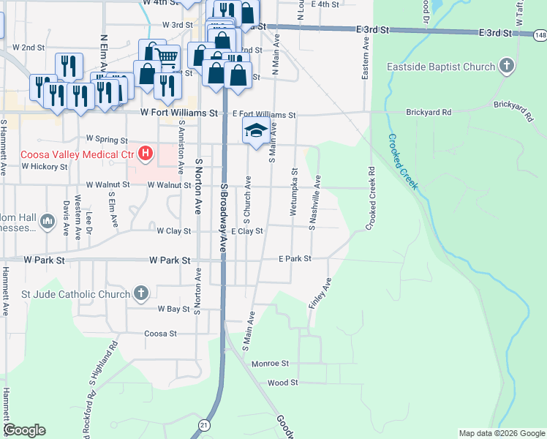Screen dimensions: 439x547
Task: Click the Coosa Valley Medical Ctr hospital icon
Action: [146, 154]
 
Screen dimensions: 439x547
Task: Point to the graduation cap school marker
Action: [255, 132]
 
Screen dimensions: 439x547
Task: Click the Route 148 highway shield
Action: [540, 34]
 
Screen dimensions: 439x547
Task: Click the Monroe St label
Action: [271, 364]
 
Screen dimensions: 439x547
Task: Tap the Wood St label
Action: [282, 383]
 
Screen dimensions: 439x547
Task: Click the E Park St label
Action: [295, 259]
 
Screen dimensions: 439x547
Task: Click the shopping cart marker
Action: [167, 56]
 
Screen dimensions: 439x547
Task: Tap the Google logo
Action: [24, 430]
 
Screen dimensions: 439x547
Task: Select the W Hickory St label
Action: [45, 166]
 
